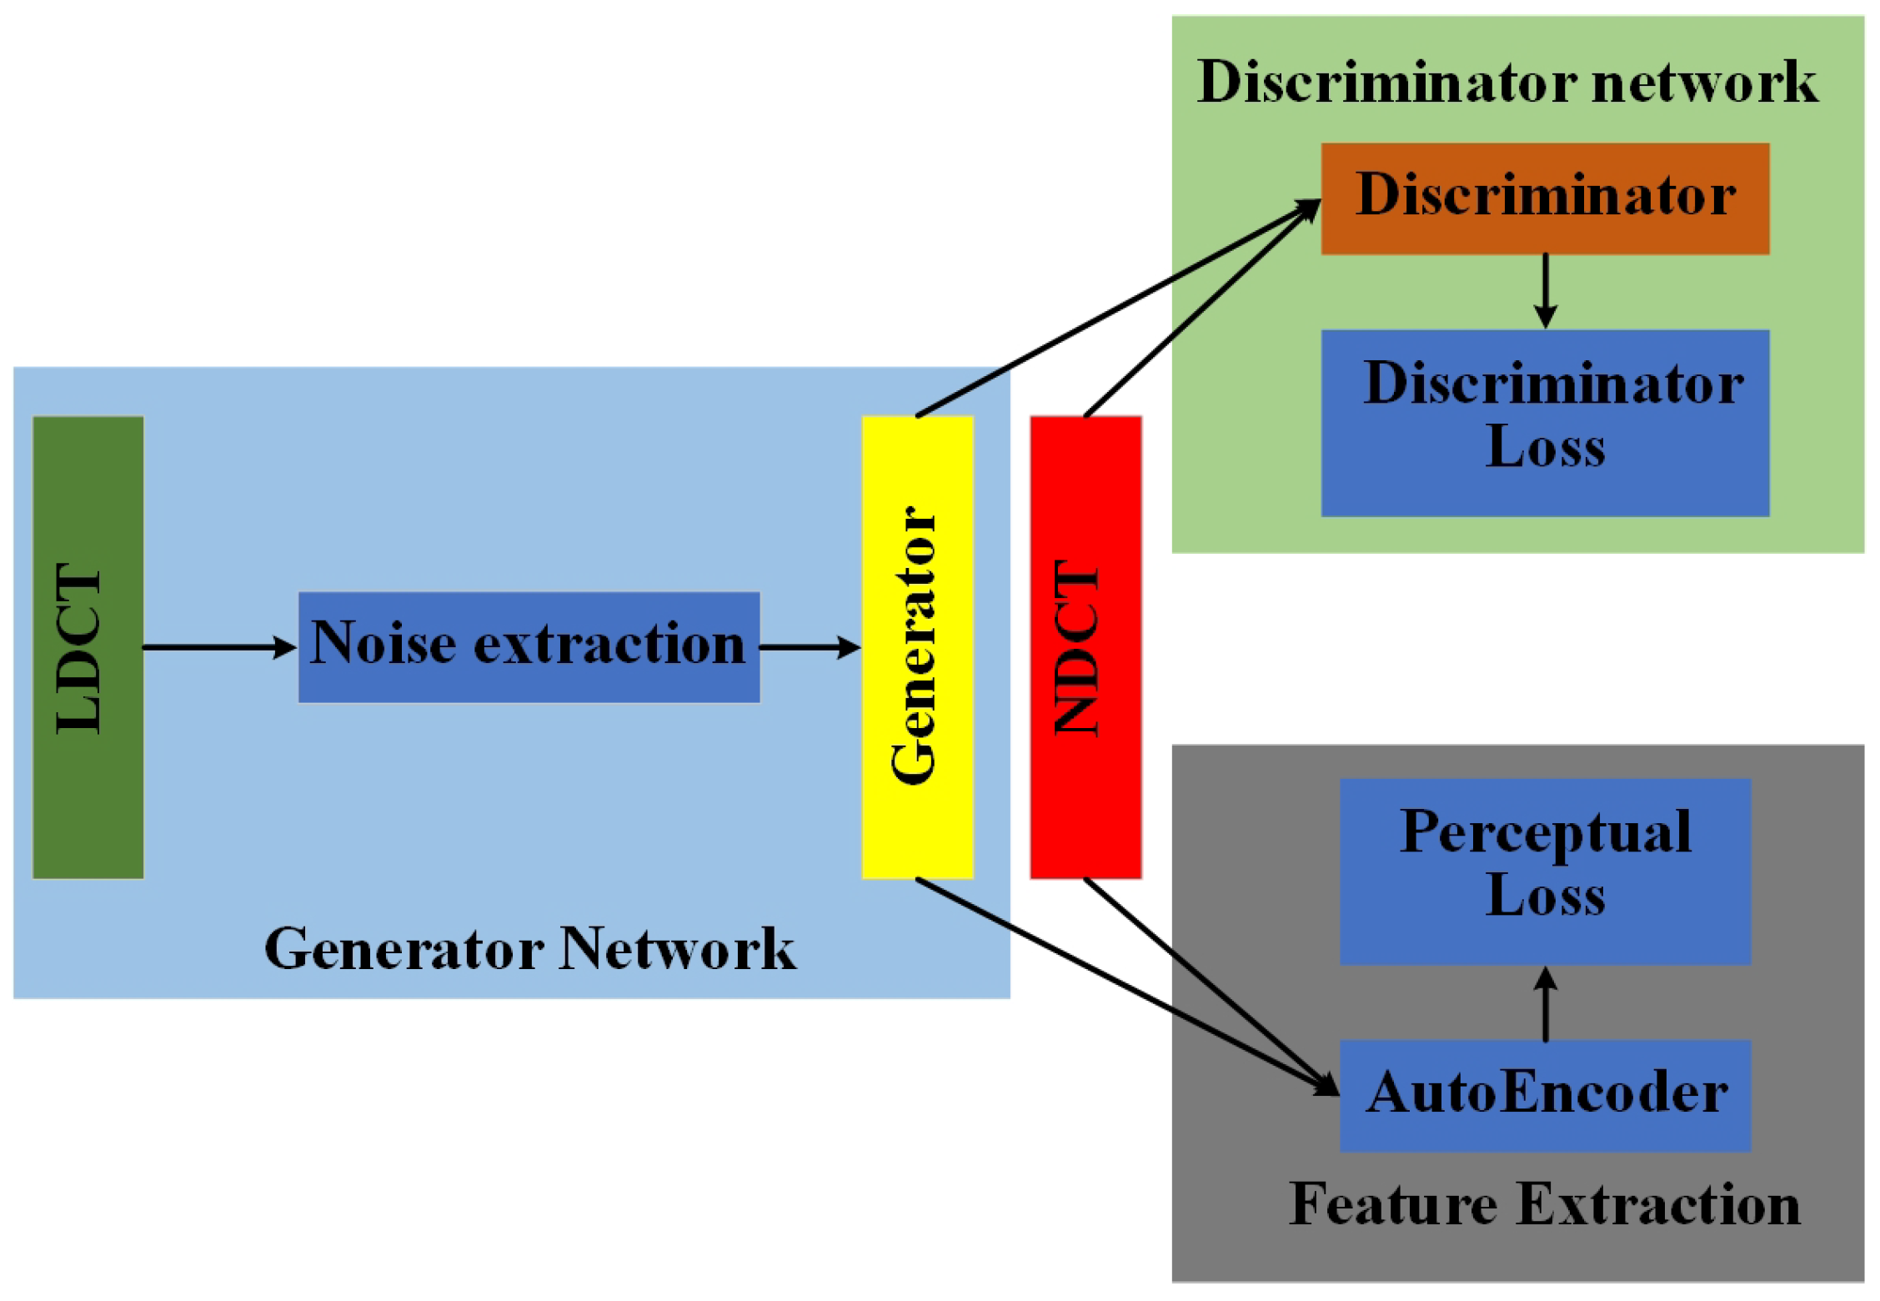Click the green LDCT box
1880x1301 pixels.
click(88, 646)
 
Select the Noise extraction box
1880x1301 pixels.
click(529, 646)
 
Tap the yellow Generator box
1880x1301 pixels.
click(917, 646)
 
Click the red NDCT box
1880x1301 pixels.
click(1085, 646)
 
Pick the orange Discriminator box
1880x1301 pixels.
click(1544, 198)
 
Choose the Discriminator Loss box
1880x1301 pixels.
click(1544, 422)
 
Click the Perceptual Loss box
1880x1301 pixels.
click(1544, 871)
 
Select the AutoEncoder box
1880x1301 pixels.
click(1544, 1094)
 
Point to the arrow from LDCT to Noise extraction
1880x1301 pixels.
click(218, 646)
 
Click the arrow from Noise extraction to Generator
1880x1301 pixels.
click(809, 646)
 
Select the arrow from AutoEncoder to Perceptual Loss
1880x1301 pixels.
click(1545, 1004)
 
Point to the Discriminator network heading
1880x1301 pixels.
click(1507, 82)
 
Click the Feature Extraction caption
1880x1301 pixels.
click(1544, 1204)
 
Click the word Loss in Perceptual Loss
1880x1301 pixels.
click(1544, 896)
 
